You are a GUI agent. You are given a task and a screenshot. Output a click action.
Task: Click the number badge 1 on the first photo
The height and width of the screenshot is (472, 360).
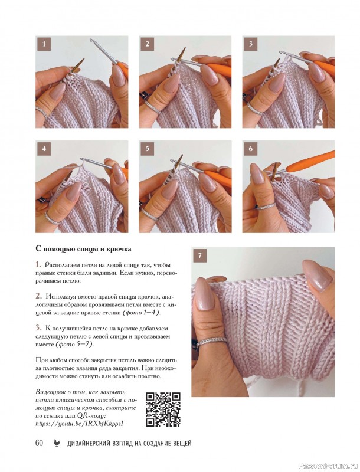44,44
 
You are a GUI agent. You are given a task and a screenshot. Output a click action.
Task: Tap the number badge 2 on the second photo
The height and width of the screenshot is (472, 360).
147,44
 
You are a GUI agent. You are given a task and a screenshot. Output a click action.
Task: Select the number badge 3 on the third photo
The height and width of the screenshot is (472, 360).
251,44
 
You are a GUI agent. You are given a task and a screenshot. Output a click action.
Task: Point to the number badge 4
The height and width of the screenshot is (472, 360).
44,149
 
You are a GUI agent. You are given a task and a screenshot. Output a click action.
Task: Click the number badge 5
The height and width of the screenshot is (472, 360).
147,149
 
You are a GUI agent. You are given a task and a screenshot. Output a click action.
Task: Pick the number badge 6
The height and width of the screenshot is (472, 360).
251,149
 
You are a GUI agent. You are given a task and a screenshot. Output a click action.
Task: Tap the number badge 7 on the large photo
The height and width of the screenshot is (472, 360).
200,255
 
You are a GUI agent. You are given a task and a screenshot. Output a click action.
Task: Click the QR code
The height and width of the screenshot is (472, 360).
163,409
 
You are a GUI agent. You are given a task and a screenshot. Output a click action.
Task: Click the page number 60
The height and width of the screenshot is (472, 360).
40,443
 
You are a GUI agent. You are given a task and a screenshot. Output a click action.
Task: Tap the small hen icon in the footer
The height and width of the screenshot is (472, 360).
57,443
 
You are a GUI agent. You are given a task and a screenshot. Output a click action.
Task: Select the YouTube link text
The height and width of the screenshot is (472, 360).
80,424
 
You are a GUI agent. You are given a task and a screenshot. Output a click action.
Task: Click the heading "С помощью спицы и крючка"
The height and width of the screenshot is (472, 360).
83,250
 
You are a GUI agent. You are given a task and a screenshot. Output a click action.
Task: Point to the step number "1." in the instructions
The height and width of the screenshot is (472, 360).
38,265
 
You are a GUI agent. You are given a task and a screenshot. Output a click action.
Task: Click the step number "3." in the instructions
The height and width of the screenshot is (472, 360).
38,328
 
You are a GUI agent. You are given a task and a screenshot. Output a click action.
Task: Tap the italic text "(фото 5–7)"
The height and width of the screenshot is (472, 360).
74,345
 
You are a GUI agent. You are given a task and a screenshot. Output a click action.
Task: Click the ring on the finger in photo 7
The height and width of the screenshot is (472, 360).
211,341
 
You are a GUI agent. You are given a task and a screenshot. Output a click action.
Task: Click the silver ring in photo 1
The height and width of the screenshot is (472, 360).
42,112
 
